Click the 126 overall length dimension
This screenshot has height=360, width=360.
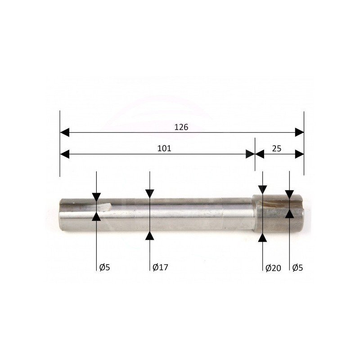tap(181, 127)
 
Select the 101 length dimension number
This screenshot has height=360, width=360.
tap(164, 148)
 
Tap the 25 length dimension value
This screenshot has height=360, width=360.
tap(277, 149)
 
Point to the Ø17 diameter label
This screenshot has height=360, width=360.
tap(160, 267)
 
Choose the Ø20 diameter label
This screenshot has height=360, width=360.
tap(273, 268)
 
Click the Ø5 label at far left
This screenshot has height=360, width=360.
tap(105, 267)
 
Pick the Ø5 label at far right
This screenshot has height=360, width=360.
tap(297, 267)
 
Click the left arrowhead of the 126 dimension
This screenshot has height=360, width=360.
tap(64, 132)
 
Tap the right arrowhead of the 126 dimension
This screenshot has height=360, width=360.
tap(299, 132)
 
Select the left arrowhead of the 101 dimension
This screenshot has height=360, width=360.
tap(64, 154)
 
